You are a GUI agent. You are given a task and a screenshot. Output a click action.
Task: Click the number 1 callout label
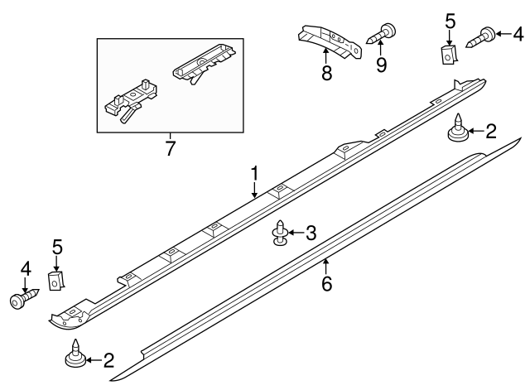(x=256, y=174)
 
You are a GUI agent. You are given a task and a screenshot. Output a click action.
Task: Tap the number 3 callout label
(x=311, y=234)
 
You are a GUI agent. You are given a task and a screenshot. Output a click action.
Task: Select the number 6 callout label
(x=326, y=284)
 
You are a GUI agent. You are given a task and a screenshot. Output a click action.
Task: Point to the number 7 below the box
(x=171, y=148)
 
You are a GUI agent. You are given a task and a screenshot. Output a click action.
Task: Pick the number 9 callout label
(x=381, y=65)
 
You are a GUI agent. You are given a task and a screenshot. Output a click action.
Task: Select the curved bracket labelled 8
(x=330, y=42)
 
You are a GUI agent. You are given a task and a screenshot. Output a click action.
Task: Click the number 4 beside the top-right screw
(x=518, y=35)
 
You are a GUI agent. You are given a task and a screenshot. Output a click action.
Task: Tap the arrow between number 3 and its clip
(x=296, y=234)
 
